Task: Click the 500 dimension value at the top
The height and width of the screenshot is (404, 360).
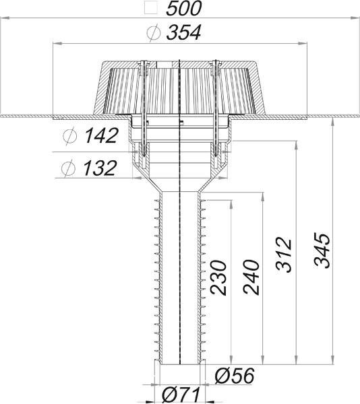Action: [x=183, y=9]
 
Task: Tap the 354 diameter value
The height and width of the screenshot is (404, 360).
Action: [x=183, y=33]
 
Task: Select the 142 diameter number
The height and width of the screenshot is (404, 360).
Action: [x=102, y=135]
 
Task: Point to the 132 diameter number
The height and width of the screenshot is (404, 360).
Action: [x=100, y=168]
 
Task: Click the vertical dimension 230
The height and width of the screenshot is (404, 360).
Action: [x=218, y=277]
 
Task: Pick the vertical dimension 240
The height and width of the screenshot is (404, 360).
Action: [x=251, y=277]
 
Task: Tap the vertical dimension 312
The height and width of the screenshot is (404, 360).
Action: [x=284, y=255]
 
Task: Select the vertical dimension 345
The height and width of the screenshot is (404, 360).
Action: [x=322, y=250]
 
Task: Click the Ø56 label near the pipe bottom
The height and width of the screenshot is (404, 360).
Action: [x=235, y=376]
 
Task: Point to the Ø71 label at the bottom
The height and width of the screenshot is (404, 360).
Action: [x=181, y=396]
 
